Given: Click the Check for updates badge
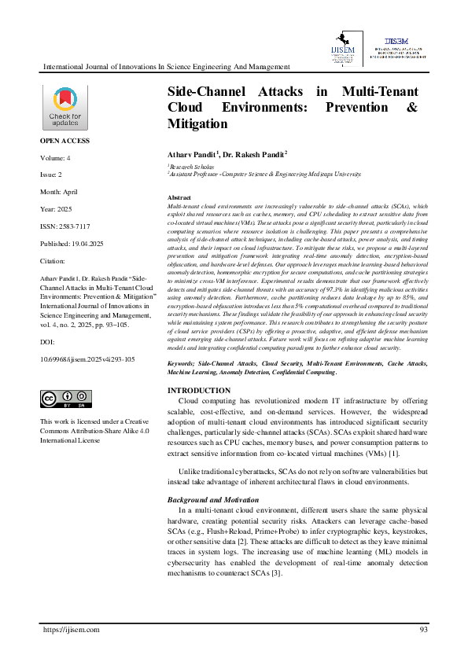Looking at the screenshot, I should [x=64, y=108].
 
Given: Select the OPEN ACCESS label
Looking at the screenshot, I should [x=64, y=141].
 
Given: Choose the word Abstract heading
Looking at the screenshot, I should [x=179, y=197].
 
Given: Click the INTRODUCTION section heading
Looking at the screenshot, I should [x=200, y=391].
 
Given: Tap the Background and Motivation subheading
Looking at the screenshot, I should [x=213, y=500].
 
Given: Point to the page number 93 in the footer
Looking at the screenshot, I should [x=423, y=630].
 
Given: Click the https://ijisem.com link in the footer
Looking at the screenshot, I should [x=71, y=630].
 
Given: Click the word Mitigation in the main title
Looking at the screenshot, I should [x=197, y=124].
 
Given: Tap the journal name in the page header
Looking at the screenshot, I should [x=166, y=67].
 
